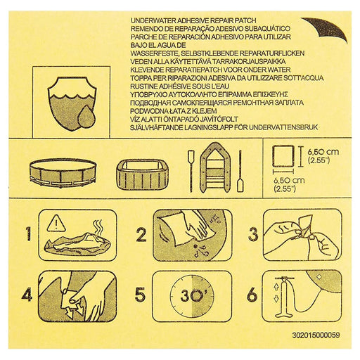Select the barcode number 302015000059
[316, 335]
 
